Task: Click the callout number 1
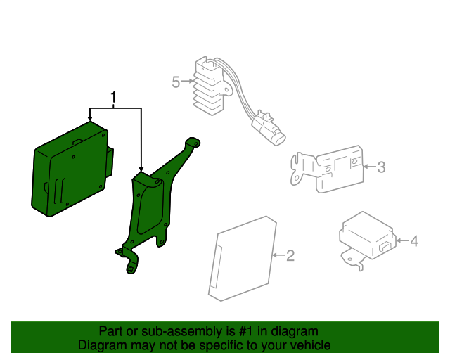[114, 97]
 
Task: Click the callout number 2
[290, 255]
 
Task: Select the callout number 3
[381, 167]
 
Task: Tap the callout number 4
[414, 241]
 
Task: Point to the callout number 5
[176, 82]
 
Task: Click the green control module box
[72, 169]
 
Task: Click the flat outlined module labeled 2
[243, 258]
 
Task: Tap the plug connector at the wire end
[269, 128]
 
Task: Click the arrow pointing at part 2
[279, 255]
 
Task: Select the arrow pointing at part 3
[370, 166]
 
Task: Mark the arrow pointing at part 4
[403, 240]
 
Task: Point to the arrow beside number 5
[187, 82]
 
